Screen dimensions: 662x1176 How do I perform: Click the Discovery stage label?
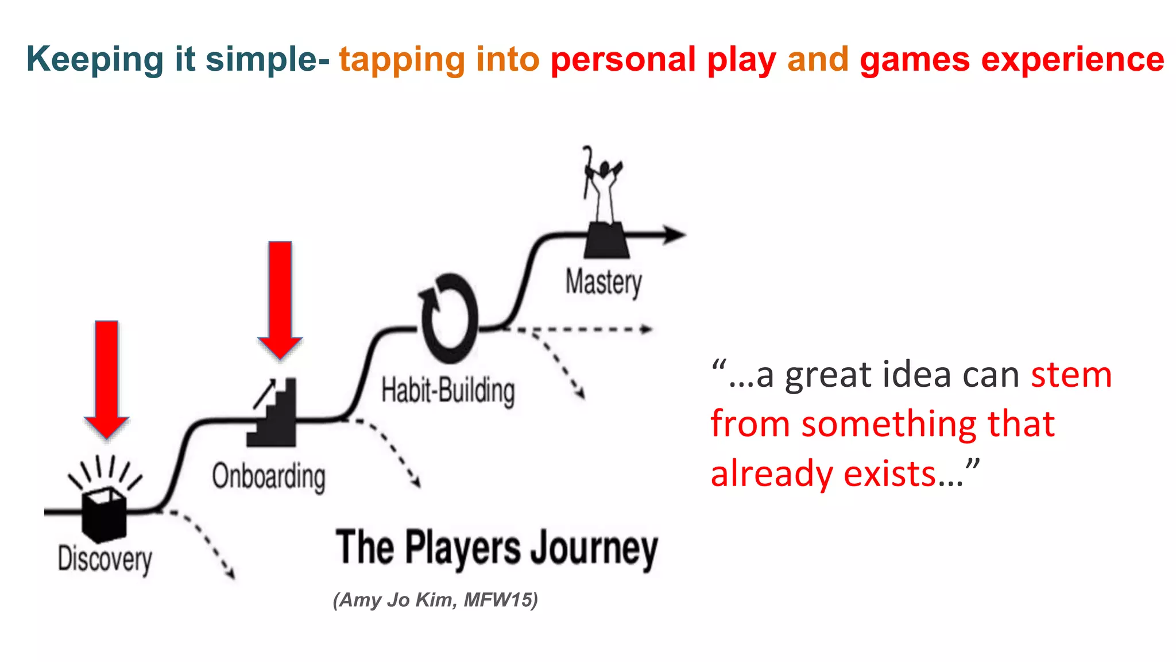[105, 559]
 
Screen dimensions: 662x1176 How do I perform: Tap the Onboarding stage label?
[269, 476]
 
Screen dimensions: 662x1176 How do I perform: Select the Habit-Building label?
[448, 391]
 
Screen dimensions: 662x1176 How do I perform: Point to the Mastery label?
[604, 282]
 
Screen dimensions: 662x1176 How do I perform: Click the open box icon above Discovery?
[104, 513]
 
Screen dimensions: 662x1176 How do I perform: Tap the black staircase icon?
[273, 414]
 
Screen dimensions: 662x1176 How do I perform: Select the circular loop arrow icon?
[449, 318]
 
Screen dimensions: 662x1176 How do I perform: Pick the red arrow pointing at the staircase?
[280, 299]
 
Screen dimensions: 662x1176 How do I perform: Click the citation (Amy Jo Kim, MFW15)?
[435, 600]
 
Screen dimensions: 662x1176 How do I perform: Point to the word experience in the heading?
[1073, 59]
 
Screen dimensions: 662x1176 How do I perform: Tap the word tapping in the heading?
[401, 59]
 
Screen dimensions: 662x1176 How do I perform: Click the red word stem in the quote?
[1071, 375]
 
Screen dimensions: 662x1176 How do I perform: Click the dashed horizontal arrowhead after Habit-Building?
[647, 329]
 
